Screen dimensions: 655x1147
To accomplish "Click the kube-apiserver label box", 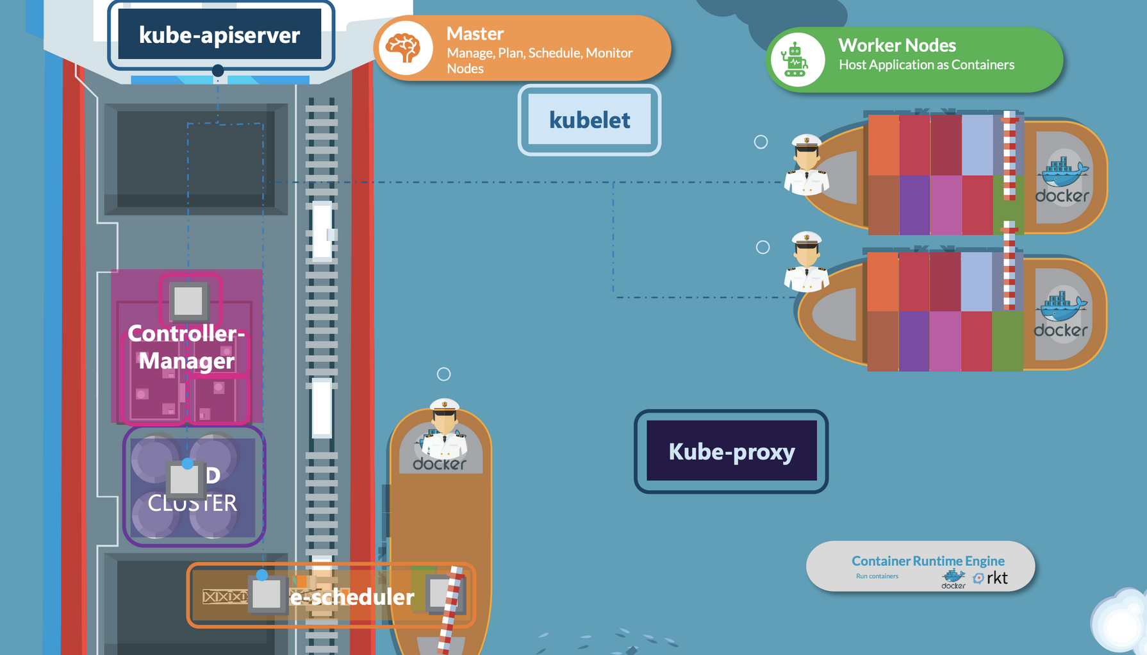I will pyautogui.click(x=220, y=35).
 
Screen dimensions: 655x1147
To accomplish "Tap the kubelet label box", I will pyautogui.click(x=590, y=120).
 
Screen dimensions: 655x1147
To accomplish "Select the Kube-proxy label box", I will pyautogui.click(x=731, y=451).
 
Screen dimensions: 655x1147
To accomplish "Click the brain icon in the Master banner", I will pyautogui.click(x=404, y=48).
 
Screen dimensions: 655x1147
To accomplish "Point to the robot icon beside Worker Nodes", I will pyautogui.click(x=796, y=60).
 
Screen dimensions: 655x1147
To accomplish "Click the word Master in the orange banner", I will pyautogui.click(x=475, y=33).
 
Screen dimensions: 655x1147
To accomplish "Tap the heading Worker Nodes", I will pyautogui.click(x=896, y=46).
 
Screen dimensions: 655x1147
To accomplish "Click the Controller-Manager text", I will pyautogui.click(x=186, y=347).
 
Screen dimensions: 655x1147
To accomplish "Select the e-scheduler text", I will pyautogui.click(x=352, y=597).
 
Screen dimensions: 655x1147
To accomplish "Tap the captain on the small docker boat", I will pyautogui.click(x=444, y=428).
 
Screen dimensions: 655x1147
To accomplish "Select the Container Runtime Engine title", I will pyautogui.click(x=928, y=561).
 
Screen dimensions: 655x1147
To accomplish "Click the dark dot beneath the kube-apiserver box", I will pyautogui.click(x=218, y=70).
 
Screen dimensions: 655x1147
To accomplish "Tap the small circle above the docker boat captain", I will pyautogui.click(x=443, y=374).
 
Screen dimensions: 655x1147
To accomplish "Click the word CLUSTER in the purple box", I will pyautogui.click(x=192, y=503).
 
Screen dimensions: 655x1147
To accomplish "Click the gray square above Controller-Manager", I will pyautogui.click(x=188, y=301).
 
